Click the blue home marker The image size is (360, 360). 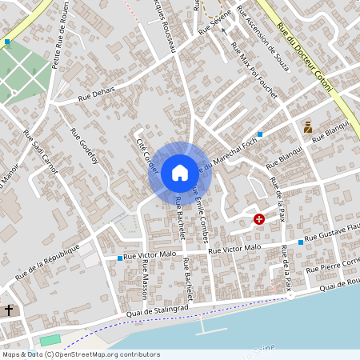click(179, 173)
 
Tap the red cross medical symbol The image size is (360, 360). click(259, 218)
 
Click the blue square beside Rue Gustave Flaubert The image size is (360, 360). click(301, 242)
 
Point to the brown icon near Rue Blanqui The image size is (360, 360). click(308, 126)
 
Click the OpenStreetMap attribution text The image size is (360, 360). click(81, 354)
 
